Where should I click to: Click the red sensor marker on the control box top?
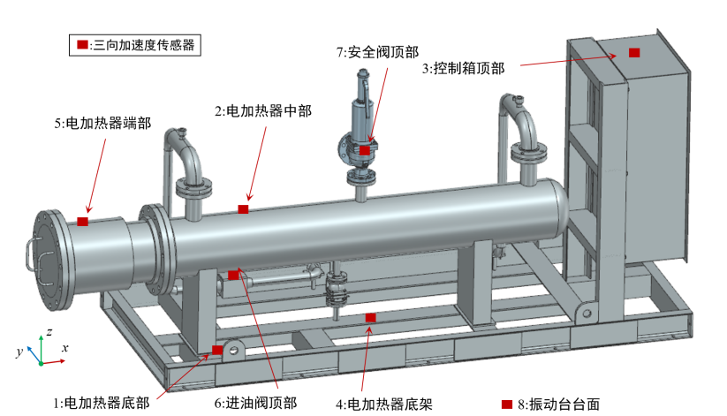(x=634, y=53)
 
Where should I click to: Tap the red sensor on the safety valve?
(x=365, y=150)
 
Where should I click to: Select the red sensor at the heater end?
(x=82, y=222)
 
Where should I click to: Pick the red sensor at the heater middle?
(x=243, y=209)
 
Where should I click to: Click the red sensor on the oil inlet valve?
(x=233, y=275)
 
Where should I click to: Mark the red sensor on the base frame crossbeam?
(x=370, y=318)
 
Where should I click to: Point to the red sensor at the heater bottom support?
(x=217, y=350)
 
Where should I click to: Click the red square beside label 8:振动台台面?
(x=507, y=405)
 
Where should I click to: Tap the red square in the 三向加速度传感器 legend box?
(x=82, y=44)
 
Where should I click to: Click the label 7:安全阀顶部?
(x=377, y=52)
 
